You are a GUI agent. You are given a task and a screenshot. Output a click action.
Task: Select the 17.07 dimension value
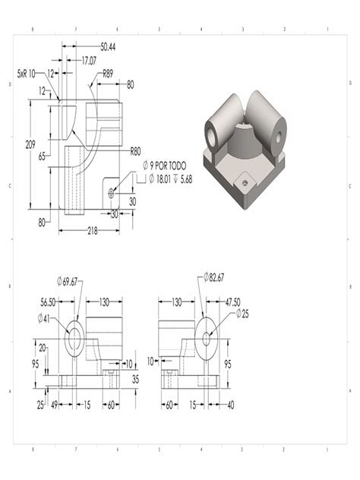point(89,59)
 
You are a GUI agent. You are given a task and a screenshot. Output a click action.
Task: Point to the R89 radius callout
point(109,74)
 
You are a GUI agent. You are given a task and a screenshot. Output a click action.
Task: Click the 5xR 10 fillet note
point(30,74)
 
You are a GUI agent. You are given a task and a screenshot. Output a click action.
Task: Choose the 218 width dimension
point(92,230)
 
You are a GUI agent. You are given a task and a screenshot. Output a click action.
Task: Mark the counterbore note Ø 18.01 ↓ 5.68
point(168,179)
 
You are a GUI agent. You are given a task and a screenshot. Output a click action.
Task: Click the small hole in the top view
point(111,192)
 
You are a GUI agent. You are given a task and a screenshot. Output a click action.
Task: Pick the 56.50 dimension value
point(50,300)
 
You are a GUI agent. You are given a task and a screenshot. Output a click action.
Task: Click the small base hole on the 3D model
point(244,182)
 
